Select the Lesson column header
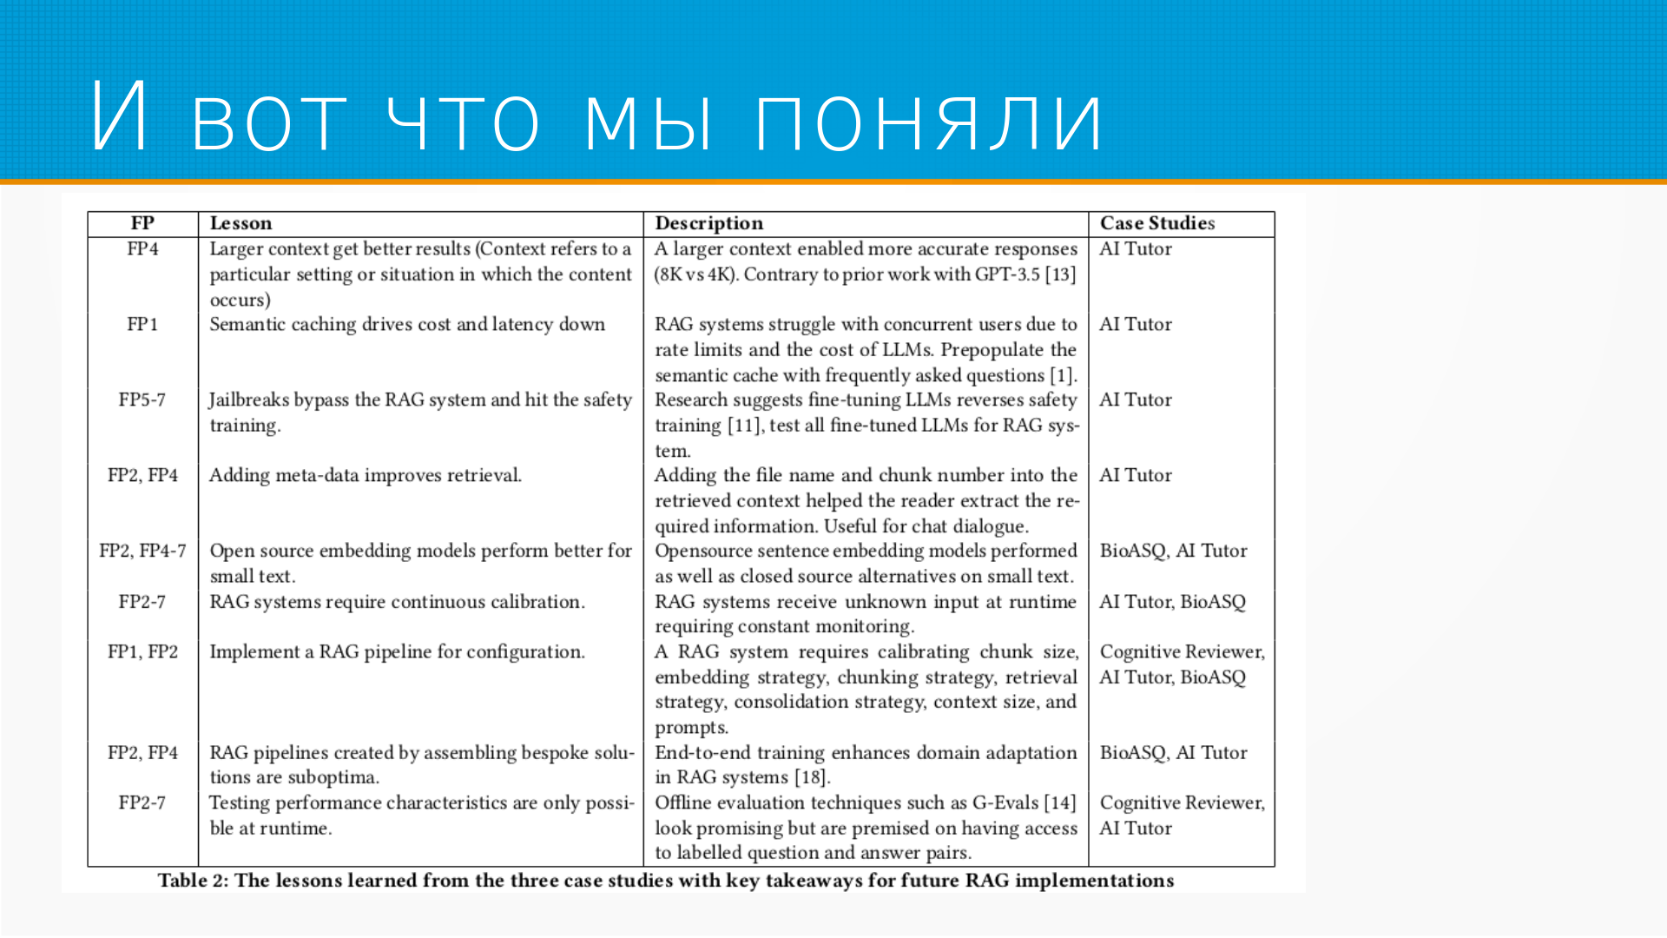pyautogui.click(x=240, y=223)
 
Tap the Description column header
pyautogui.click(x=708, y=223)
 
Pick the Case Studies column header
pyautogui.click(x=1156, y=223)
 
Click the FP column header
pyautogui.click(x=142, y=223)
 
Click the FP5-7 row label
pyautogui.click(x=142, y=400)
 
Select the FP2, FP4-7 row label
pyautogui.click(x=142, y=551)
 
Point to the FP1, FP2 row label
pyautogui.click(x=142, y=651)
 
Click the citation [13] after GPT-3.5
pyautogui.click(x=1060, y=274)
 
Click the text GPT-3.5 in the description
pyautogui.click(x=1006, y=274)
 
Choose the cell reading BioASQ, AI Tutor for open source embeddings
pyautogui.click(x=1173, y=551)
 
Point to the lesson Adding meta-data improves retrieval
pyautogui.click(x=366, y=475)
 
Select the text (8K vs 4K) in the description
pyautogui.click(x=695, y=274)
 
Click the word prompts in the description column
pyautogui.click(x=689, y=728)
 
